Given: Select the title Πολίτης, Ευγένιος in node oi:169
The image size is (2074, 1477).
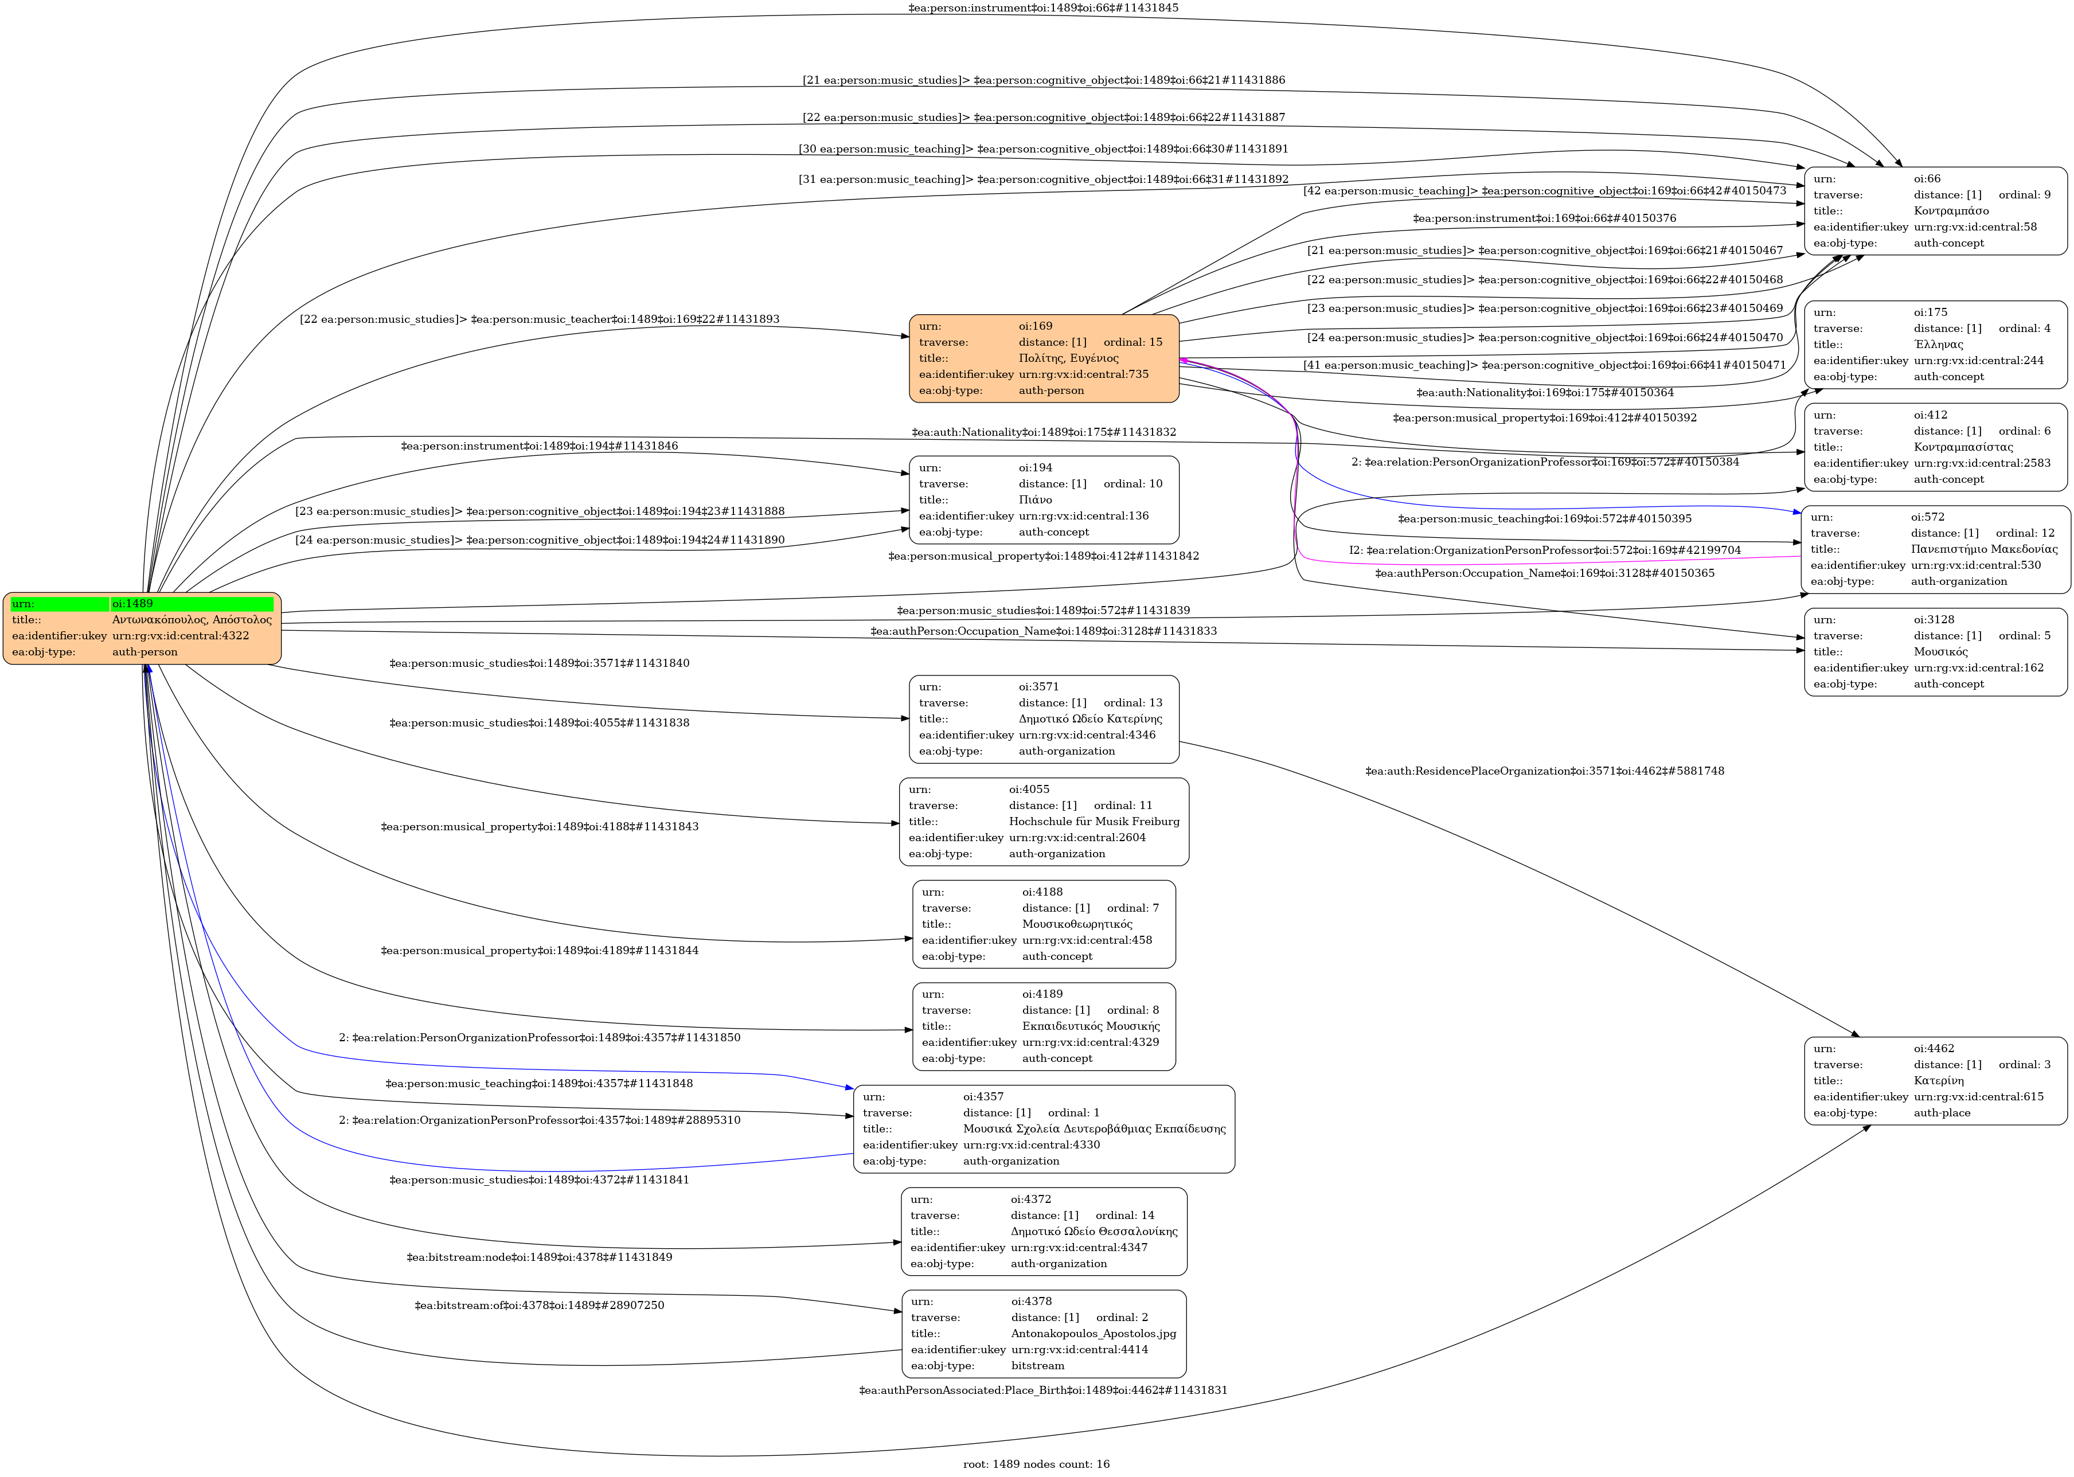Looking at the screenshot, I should pos(1068,358).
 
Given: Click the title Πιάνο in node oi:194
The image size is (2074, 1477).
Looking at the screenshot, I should pos(1035,499).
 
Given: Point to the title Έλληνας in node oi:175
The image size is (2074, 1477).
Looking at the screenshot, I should pos(1939,345).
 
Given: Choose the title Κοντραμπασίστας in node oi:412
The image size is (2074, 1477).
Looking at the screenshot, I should pos(1963,447).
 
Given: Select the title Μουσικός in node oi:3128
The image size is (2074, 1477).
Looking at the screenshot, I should pos(1940,652).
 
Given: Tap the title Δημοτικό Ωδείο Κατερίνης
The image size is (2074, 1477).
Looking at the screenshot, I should pos(1090,718).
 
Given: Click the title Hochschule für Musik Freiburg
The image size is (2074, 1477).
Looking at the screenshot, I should pos(1093,821).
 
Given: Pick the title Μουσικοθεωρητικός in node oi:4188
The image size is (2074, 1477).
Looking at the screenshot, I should pos(1077,924).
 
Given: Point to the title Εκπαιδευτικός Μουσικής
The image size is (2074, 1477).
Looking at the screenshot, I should pos(1091,1026).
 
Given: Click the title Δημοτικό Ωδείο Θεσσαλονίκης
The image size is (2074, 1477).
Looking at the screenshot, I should pos(1093,1232).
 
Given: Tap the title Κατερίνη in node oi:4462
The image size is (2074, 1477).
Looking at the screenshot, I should pos(1939,1080).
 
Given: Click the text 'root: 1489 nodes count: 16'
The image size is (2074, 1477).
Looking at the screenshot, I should pos(1036,1463).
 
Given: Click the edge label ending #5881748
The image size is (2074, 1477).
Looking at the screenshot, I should pos(1544,771).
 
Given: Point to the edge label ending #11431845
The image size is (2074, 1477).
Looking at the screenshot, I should pos(1042,8).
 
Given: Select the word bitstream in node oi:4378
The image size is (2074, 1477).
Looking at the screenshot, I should pos(1037,1365).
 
